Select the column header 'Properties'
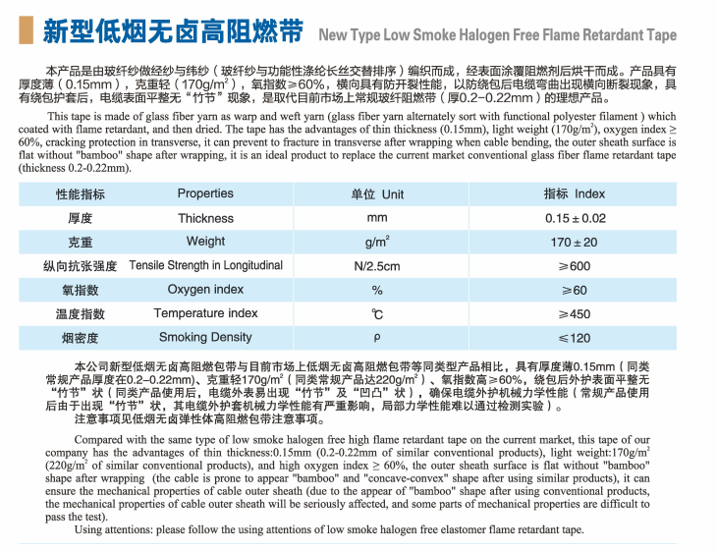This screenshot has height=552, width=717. click(x=205, y=194)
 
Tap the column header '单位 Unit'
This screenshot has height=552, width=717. click(x=377, y=194)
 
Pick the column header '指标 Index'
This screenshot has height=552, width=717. click(x=575, y=194)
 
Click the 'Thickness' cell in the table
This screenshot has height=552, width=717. click(x=205, y=218)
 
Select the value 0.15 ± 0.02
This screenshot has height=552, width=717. click(x=575, y=218)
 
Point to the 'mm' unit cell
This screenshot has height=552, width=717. click(x=377, y=218)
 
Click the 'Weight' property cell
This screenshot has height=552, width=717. click(x=205, y=242)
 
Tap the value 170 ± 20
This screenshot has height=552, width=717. click(x=575, y=242)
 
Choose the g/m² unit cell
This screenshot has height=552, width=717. click(x=377, y=242)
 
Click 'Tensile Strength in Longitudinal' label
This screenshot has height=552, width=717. click(x=205, y=265)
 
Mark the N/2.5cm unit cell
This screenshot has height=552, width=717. click(x=377, y=266)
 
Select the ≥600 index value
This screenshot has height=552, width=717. click(x=575, y=266)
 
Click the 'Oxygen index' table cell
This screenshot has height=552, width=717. click(x=205, y=290)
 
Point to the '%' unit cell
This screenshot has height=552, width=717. click(x=377, y=290)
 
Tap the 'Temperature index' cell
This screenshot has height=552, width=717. click(x=205, y=313)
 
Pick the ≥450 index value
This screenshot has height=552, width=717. click(x=575, y=314)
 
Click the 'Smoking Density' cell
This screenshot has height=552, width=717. click(x=205, y=338)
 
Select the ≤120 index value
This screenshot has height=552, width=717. click(x=575, y=338)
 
